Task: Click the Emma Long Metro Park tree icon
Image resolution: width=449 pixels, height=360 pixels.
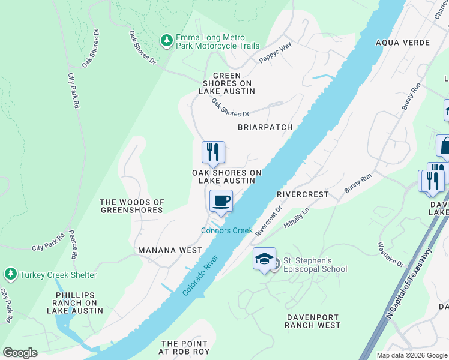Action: tap(167, 40)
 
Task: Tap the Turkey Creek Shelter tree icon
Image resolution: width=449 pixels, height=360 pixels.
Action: tap(10, 274)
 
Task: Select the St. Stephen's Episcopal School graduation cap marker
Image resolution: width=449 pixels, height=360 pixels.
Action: tap(264, 259)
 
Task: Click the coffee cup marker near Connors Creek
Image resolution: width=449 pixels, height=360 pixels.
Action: tap(221, 201)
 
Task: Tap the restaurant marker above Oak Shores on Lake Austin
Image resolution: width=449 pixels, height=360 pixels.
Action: tap(213, 152)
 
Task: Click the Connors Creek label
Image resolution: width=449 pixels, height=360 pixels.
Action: tap(227, 230)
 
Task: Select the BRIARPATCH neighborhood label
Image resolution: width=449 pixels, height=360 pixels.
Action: tap(265, 127)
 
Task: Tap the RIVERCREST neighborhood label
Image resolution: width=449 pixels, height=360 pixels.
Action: tap(303, 194)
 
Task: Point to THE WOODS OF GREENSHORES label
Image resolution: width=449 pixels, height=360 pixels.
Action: tap(131, 206)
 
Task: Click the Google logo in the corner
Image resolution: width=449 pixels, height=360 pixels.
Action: tap(20, 353)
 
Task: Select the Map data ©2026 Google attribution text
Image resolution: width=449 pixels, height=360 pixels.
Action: tap(411, 355)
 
